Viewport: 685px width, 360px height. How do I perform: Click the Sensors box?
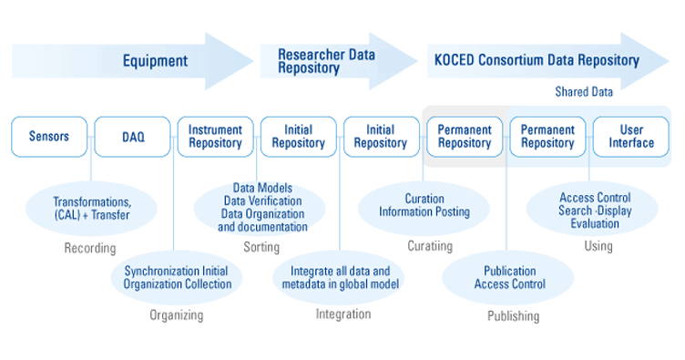49,137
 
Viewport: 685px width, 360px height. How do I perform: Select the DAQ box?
132,137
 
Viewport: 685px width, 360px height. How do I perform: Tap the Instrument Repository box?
215,137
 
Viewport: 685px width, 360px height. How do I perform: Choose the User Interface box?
630,137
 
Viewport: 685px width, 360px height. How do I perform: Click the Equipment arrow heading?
156,61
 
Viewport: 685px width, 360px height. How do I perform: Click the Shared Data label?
584,92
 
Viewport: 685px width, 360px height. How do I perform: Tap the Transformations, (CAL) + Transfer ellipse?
91,209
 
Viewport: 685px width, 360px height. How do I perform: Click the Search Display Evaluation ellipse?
593,209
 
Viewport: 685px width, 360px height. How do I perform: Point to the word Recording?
90,248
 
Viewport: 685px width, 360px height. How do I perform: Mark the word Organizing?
176,315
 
